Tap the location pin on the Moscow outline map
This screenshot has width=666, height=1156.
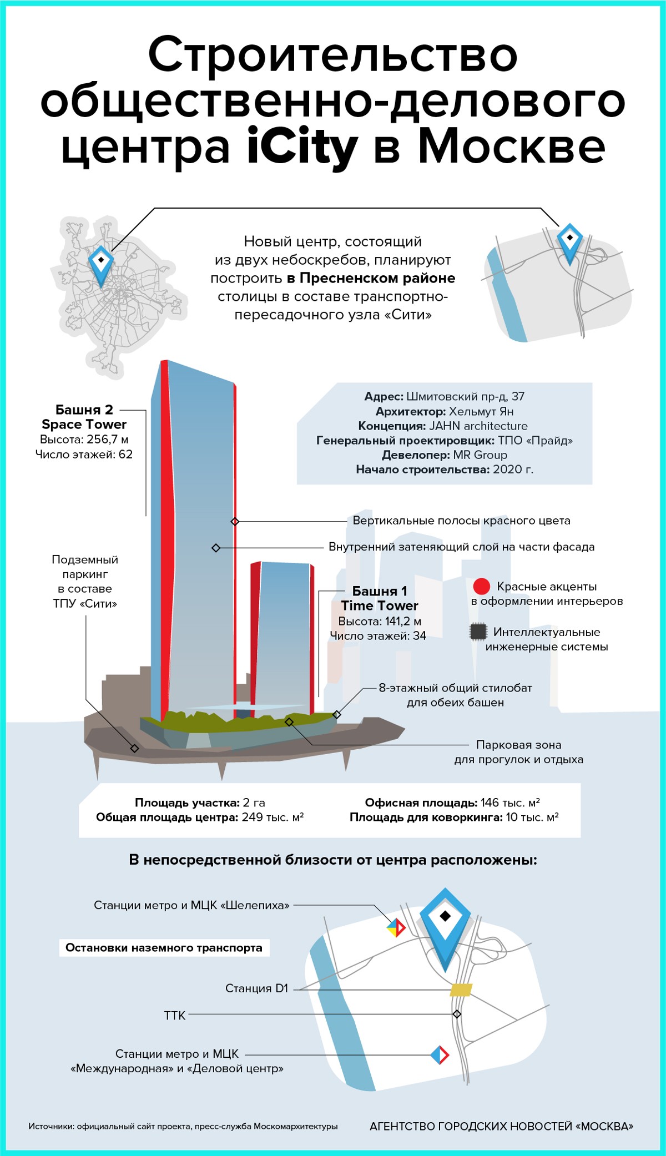pyautogui.click(x=101, y=263)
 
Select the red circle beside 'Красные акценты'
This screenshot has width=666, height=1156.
pyautogui.click(x=481, y=587)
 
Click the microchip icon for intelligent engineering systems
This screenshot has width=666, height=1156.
pyautogui.click(x=478, y=632)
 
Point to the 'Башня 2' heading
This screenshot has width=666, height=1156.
pyautogui.click(x=84, y=410)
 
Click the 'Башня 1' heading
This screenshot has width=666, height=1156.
pyautogui.click(x=380, y=591)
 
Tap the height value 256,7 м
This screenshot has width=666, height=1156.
pyautogui.click(x=108, y=440)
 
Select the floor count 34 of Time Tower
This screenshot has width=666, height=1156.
pyautogui.click(x=420, y=636)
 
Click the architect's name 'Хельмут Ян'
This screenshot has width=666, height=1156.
pyautogui.click(x=481, y=411)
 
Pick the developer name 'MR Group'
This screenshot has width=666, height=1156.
pyautogui.click(x=480, y=455)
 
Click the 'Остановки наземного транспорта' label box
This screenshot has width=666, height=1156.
pyautogui.click(x=164, y=947)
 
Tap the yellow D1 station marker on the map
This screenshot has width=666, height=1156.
pyautogui.click(x=461, y=990)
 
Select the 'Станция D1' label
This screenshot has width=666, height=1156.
pyautogui.click(x=257, y=988)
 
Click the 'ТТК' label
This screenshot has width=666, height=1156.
pyautogui.click(x=175, y=1016)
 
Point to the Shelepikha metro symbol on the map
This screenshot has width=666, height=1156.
pyautogui.click(x=396, y=927)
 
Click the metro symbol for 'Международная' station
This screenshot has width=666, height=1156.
pyautogui.click(x=440, y=1055)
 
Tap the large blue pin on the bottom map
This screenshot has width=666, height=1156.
pyautogui.click(x=445, y=924)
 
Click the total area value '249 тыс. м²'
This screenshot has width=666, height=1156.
pyautogui.click(x=273, y=817)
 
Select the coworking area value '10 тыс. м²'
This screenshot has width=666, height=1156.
pyautogui.click(x=532, y=817)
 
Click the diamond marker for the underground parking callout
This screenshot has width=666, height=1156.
pyautogui.click(x=134, y=748)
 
